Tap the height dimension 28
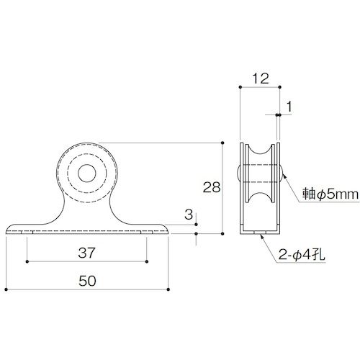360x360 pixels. [x=211, y=188]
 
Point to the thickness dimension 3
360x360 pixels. [x=188, y=215]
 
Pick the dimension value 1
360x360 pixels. [x=289, y=107]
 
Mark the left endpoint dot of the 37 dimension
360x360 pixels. [x=27, y=262]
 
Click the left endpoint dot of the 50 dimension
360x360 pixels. [x=6, y=292]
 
